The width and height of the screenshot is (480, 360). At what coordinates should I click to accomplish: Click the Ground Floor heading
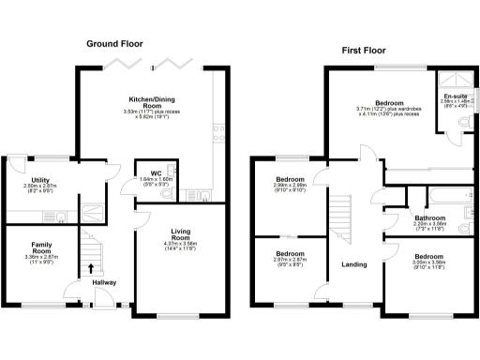pos(116,43)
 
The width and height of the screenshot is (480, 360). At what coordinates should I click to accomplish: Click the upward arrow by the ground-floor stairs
pos(91,268)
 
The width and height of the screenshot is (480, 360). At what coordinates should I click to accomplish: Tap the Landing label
pos(354,262)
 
